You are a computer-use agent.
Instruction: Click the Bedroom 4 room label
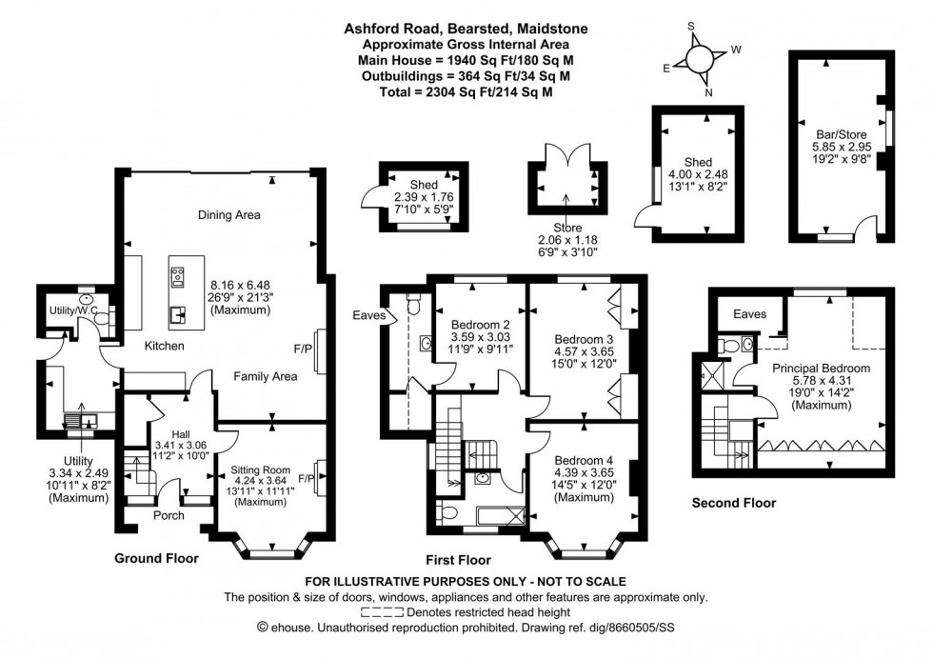(x=584, y=462)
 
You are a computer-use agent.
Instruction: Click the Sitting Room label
(x=260, y=469)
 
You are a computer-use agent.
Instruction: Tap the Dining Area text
(x=228, y=215)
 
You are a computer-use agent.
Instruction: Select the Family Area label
(x=266, y=376)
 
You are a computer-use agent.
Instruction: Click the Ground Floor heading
(x=156, y=559)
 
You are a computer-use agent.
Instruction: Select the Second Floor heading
(x=733, y=503)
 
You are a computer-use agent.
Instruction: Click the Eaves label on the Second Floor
(x=749, y=312)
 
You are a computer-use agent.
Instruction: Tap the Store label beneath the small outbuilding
(x=566, y=229)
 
